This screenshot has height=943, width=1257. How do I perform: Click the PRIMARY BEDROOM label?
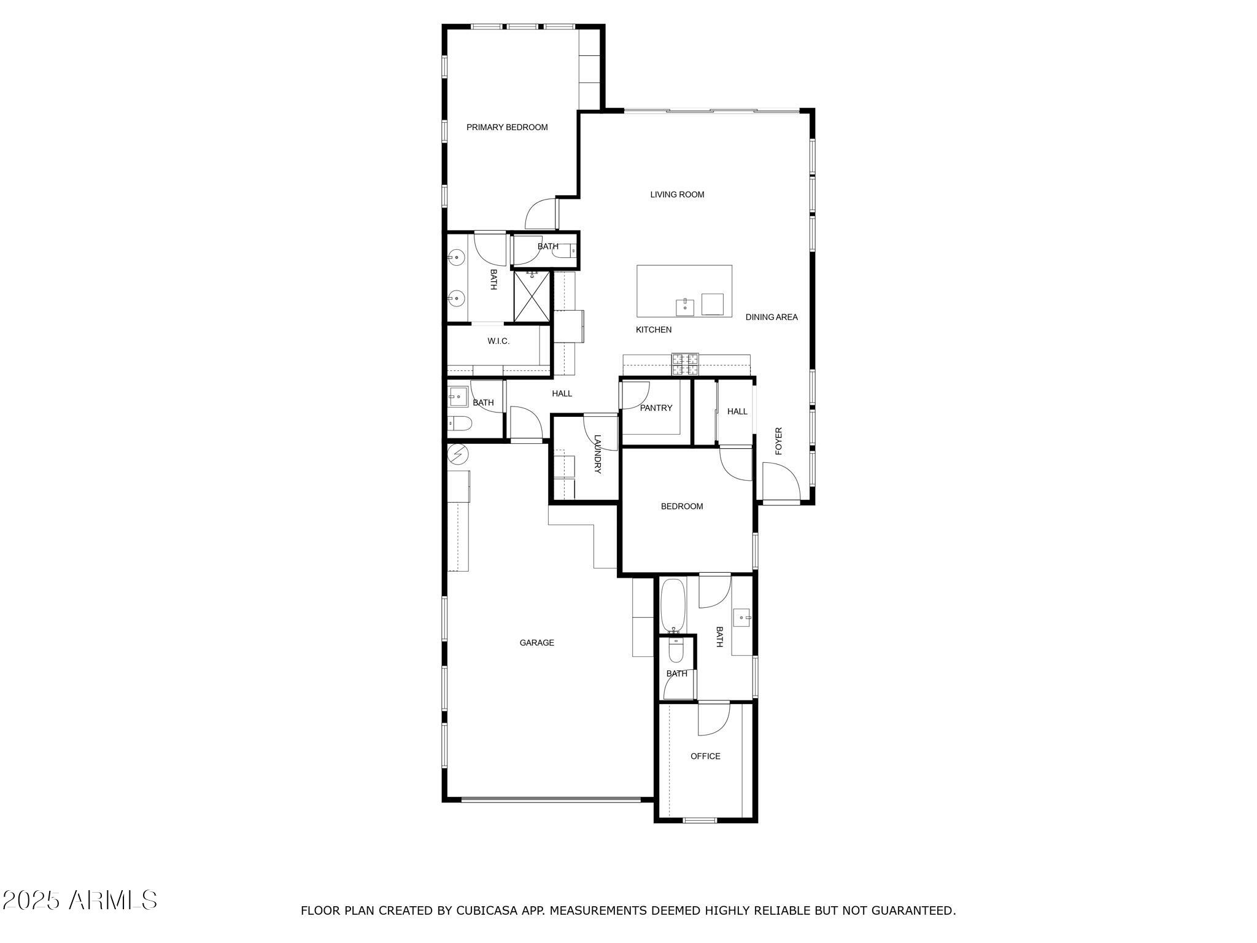(x=507, y=128)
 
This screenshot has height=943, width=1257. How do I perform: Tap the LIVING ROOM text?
(x=677, y=195)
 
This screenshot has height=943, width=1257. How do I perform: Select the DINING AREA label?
(x=772, y=317)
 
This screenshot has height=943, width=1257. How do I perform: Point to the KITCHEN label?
(x=654, y=330)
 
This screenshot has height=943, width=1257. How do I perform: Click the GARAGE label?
(x=537, y=643)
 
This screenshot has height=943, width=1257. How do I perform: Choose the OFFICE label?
(x=705, y=756)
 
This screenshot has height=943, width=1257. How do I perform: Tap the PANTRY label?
(x=656, y=408)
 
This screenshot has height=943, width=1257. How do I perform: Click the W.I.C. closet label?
(x=498, y=341)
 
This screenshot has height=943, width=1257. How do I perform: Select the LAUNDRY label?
(x=597, y=454)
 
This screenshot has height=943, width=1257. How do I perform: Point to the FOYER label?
(x=779, y=441)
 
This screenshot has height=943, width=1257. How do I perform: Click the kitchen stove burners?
(x=685, y=364)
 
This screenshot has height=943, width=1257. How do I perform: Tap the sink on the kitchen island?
(x=685, y=306)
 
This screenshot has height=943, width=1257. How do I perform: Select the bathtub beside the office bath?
(x=673, y=606)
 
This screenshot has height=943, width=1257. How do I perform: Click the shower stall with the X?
(x=532, y=296)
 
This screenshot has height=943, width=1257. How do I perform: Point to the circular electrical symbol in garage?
(x=458, y=454)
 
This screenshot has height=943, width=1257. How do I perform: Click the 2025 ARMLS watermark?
(x=80, y=901)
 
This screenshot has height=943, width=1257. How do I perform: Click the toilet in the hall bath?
(x=459, y=423)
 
